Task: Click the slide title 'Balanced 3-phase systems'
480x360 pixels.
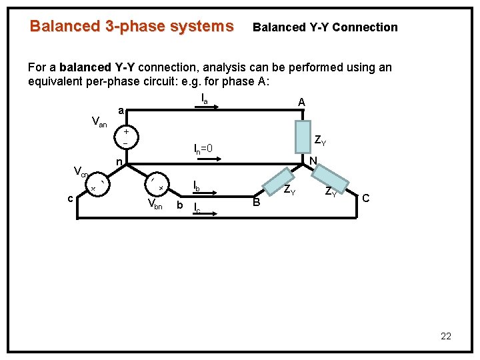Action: coord(131,27)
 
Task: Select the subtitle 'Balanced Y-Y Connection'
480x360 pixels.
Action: coord(325,27)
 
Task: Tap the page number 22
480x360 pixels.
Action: coord(446,336)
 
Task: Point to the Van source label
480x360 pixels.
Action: coord(99,122)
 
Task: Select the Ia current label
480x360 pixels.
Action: coord(205,99)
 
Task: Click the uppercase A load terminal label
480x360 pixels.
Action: coord(301,102)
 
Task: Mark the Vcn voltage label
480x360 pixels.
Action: coord(80,173)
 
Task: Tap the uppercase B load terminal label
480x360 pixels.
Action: coord(256,203)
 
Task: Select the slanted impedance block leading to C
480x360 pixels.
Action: coord(331,178)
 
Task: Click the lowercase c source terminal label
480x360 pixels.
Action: coord(70,197)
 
